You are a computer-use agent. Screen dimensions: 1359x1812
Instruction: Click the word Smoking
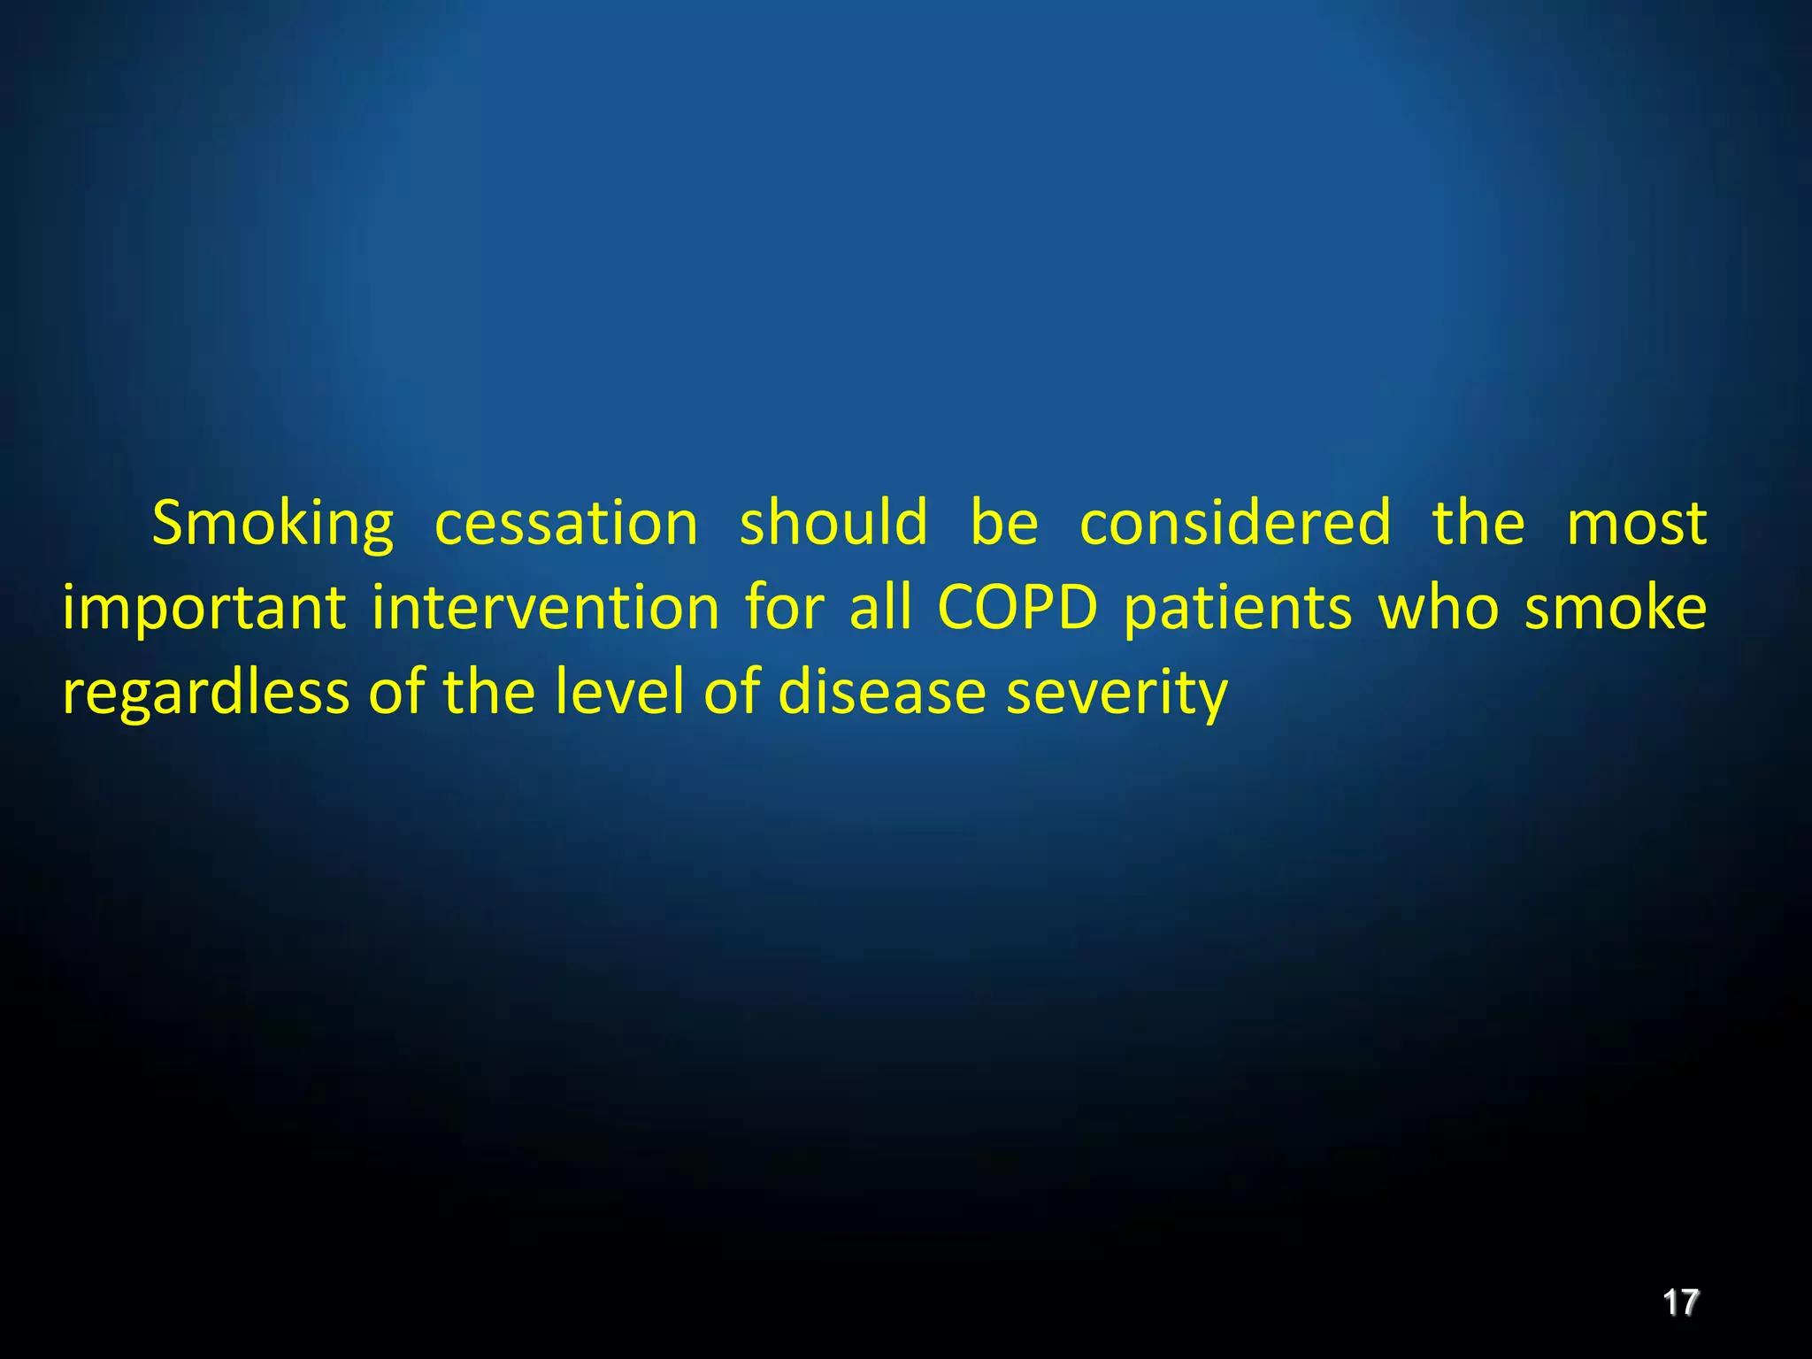(273, 525)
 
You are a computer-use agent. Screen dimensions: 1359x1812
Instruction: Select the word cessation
(566, 523)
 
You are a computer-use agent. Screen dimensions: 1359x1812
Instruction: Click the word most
(1636, 523)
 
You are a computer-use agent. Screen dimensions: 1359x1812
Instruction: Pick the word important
(204, 609)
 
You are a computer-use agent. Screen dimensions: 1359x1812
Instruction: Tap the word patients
(1238, 609)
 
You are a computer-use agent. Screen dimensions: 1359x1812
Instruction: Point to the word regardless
(205, 693)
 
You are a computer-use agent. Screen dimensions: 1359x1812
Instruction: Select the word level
(618, 691)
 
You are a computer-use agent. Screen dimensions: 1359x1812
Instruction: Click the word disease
(881, 691)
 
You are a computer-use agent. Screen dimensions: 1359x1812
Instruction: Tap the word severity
(1117, 693)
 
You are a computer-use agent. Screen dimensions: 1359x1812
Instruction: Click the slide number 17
(1680, 1302)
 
